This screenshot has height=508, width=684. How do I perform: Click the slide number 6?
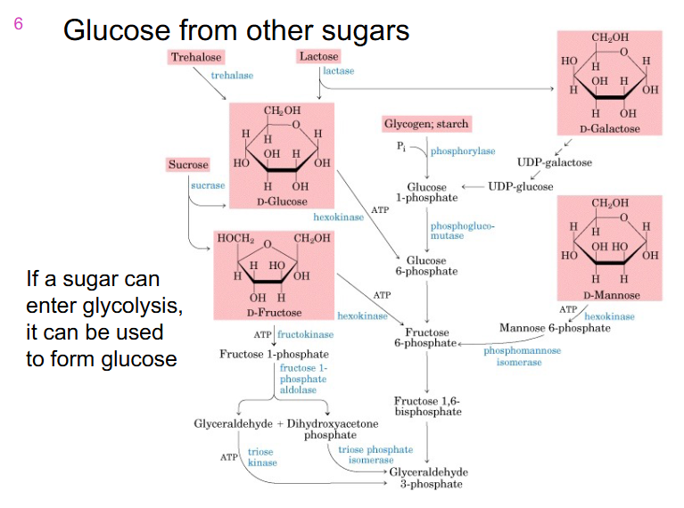click(x=18, y=24)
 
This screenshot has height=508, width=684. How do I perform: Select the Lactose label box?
click(x=318, y=57)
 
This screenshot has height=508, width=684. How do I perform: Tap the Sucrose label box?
click(x=187, y=165)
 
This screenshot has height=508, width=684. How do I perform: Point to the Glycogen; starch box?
click(x=425, y=124)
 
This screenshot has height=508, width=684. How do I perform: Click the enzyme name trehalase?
click(x=232, y=76)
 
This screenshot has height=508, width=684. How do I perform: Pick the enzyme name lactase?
click(x=338, y=70)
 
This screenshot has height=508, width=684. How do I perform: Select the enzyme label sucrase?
click(x=207, y=185)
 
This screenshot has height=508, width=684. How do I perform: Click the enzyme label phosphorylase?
click(x=462, y=152)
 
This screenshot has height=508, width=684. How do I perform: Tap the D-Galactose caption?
click(x=610, y=129)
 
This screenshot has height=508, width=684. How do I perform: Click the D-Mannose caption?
click(x=610, y=295)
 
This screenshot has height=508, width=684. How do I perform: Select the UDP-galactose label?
click(x=554, y=162)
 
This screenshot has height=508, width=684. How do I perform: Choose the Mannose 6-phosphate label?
click(x=555, y=328)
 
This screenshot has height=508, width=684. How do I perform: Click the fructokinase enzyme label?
click(x=306, y=334)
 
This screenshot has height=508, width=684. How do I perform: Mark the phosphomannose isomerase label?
click(x=523, y=356)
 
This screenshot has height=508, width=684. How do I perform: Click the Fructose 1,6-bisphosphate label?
click(x=426, y=406)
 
